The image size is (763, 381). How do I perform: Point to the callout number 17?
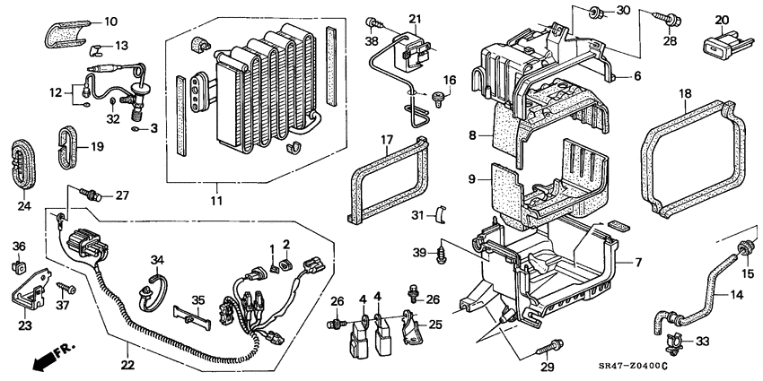pyautogui.click(x=388, y=140)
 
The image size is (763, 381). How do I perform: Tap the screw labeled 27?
pyautogui.click(x=91, y=194)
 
